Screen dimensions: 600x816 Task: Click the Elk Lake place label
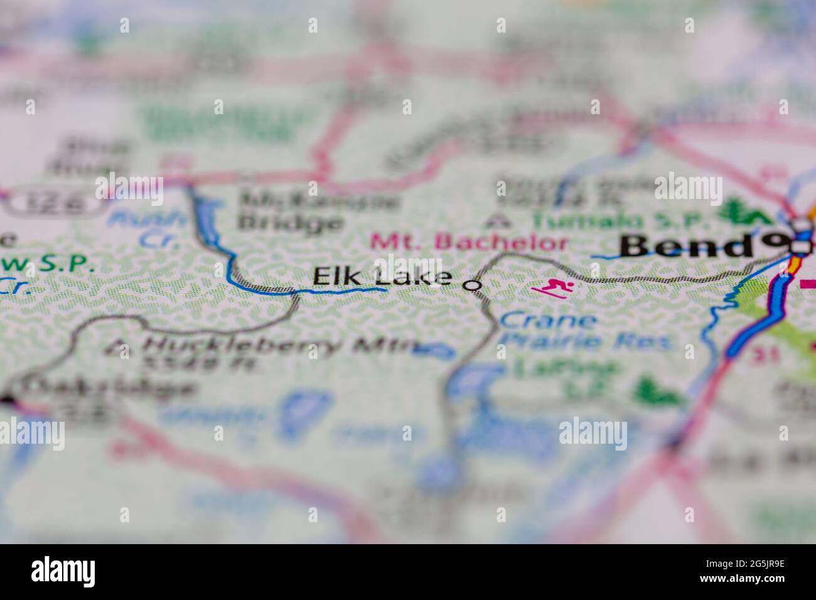click(382, 277)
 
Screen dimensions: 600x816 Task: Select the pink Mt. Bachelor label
click(469, 242)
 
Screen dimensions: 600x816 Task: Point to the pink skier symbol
click(553, 289)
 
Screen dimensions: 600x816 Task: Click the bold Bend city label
click(688, 246)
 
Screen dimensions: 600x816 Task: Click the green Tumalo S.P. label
click(621, 222)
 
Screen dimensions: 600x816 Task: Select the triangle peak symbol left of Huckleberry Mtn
click(118, 345)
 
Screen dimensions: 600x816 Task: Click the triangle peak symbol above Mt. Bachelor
click(500, 220)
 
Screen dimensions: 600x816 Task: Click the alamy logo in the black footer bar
click(63, 571)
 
